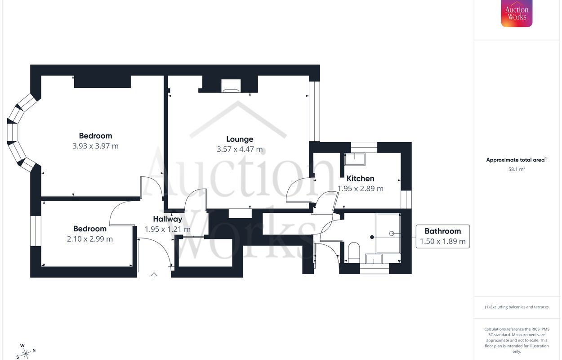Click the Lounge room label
[x=240, y=139]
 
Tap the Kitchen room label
[x=360, y=179]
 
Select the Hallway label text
[x=168, y=219]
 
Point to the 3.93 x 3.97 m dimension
[x=95, y=146]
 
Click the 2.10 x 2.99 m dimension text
[x=90, y=239]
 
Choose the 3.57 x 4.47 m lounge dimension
[x=240, y=149]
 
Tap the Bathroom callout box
[x=443, y=237]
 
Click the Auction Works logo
[x=517, y=13]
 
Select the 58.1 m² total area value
[x=517, y=169]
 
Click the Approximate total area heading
[x=517, y=160]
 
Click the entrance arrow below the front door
[x=154, y=276]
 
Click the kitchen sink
[x=355, y=159]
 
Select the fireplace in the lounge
[x=231, y=86]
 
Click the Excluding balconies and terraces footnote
[x=517, y=307]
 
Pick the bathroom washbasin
[x=374, y=259]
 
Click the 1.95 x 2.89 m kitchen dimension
[x=360, y=189]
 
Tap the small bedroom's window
[x=36, y=231]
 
